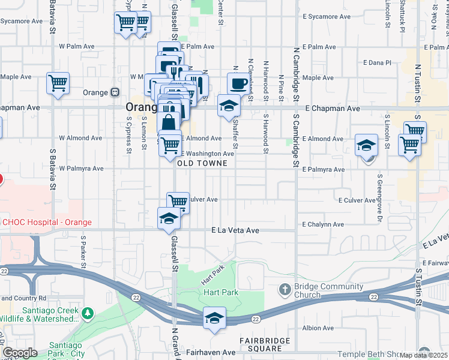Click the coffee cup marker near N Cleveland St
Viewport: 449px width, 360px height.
point(238,83)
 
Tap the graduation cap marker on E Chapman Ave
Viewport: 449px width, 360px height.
point(228,106)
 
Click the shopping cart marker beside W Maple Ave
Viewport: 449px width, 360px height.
point(58,83)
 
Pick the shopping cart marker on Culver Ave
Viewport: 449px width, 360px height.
point(178,202)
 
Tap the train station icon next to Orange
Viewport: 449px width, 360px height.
point(114,93)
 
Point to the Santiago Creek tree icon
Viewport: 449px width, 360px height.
point(88,314)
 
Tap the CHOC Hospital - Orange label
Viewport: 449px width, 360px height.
point(46,222)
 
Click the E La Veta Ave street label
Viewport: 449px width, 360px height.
point(235,230)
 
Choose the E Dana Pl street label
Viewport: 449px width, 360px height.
point(378,62)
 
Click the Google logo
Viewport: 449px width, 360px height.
point(20,353)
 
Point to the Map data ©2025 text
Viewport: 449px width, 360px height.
point(424,355)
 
